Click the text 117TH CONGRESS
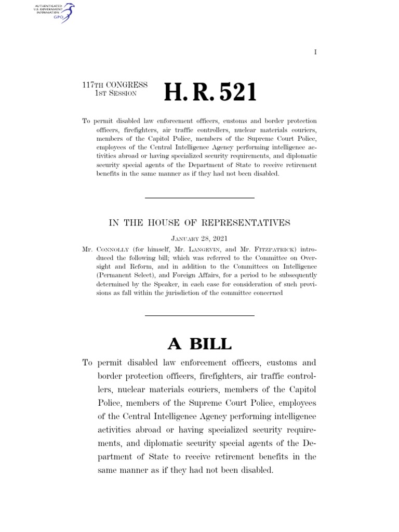point(115,85)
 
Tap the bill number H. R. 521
point(210,92)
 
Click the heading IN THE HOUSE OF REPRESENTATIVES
point(199,223)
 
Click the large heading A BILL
point(199,344)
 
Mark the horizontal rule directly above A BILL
point(199,315)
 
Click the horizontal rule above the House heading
point(199,198)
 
